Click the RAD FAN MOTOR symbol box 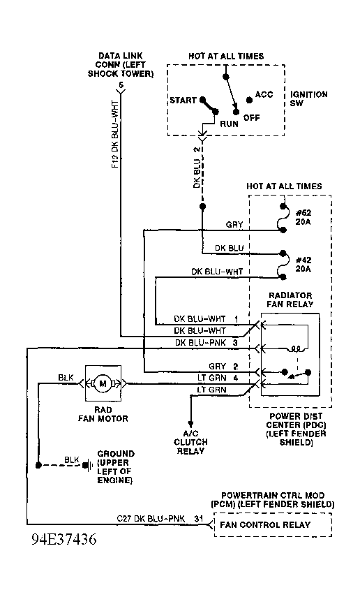tap(103, 383)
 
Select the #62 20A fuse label tap(303, 217)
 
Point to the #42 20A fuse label tap(303, 264)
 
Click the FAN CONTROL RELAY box tap(273, 524)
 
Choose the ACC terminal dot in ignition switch tap(249, 100)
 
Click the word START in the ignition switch tap(183, 100)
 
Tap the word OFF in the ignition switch tap(252, 117)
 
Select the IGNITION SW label tap(308, 98)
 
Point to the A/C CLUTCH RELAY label tap(190, 442)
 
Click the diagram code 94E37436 tap(64, 539)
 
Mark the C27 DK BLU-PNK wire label tap(151, 519)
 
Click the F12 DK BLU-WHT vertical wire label tap(115, 134)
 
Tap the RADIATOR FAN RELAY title tap(290, 300)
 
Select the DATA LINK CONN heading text tap(121, 65)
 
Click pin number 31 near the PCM tap(199, 519)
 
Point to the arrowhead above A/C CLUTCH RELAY tap(190, 423)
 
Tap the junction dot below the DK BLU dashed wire tap(202, 207)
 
